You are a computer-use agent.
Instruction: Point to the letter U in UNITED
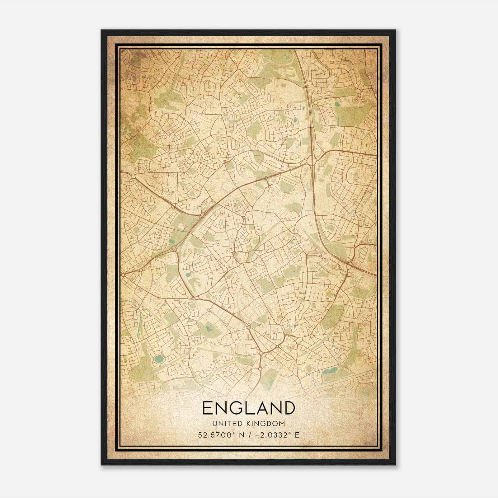(214, 424)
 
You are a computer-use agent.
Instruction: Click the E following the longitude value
(297, 435)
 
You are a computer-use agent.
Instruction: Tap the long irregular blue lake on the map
(330, 370)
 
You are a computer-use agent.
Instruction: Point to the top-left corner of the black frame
(101, 30)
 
